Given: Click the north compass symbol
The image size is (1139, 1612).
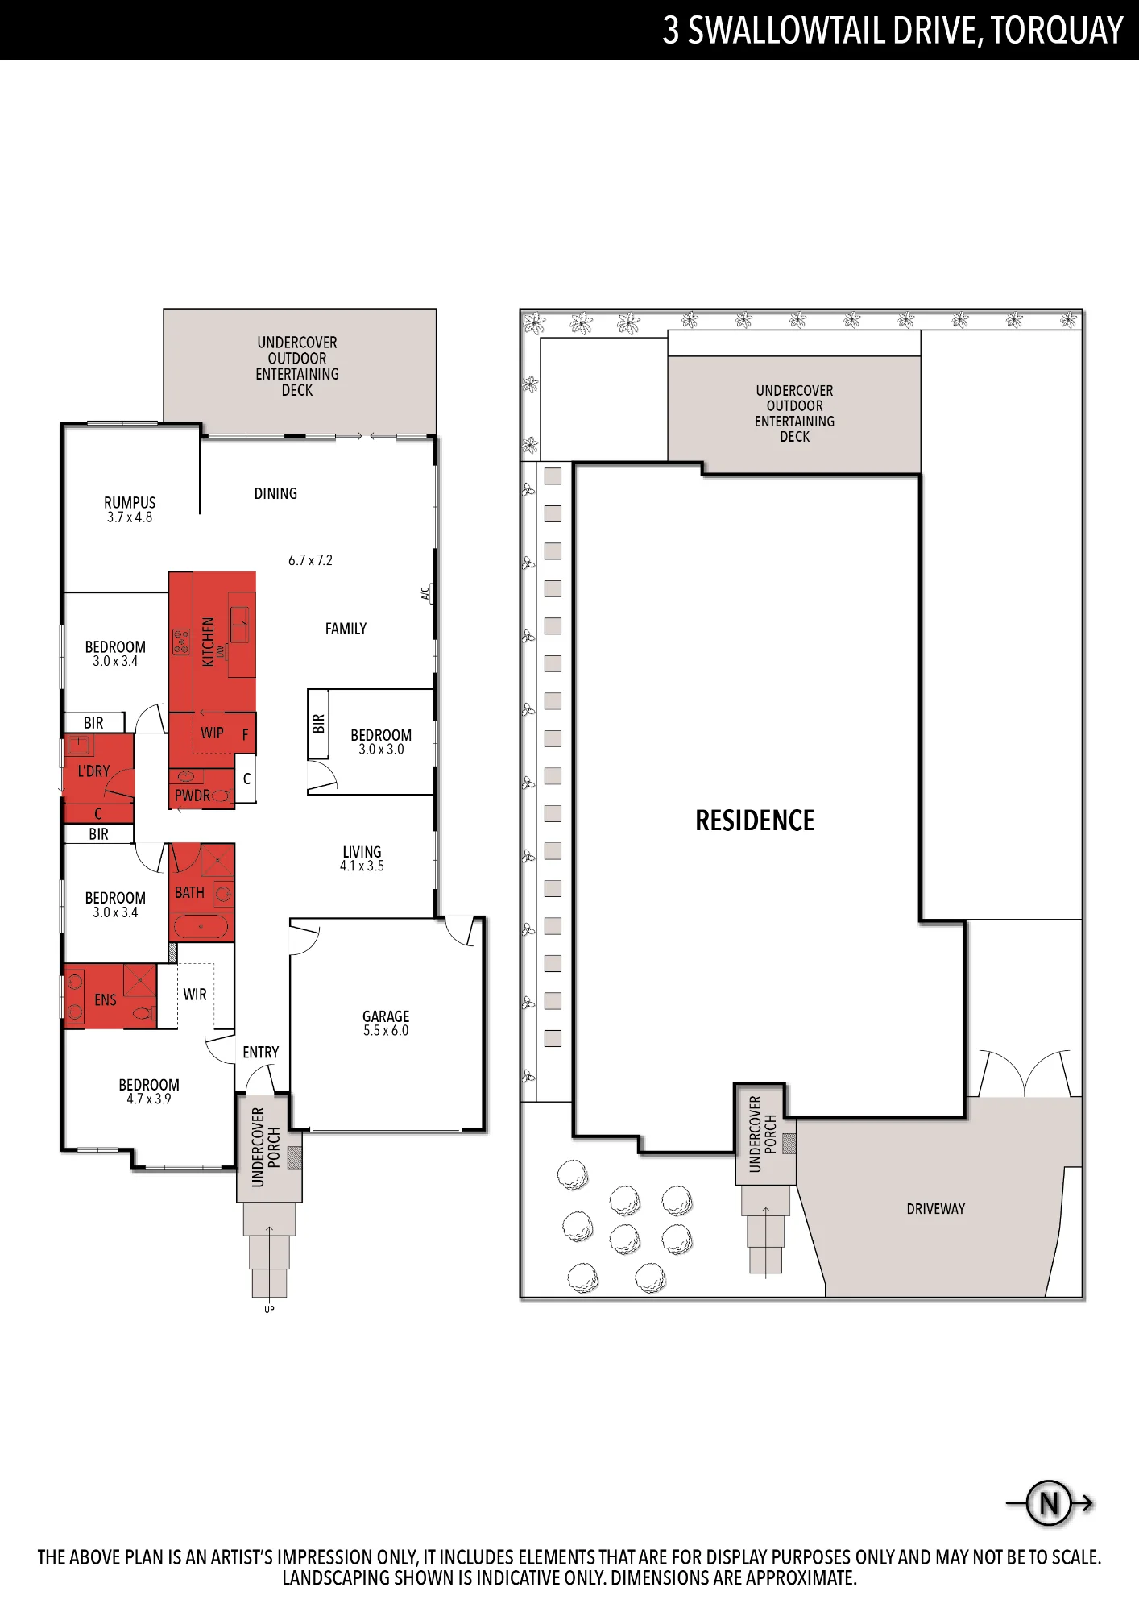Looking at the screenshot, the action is [x=1049, y=1503].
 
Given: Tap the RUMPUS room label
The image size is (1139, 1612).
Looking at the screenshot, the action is [x=130, y=503].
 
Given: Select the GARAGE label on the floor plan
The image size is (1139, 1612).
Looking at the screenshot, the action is [x=386, y=1016].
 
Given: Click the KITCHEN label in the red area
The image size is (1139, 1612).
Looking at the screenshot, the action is [x=209, y=642].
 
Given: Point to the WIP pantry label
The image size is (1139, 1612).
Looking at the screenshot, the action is [x=213, y=733].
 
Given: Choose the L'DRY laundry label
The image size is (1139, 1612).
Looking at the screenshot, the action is [x=93, y=771].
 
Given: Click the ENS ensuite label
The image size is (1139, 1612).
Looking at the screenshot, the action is [x=106, y=1000].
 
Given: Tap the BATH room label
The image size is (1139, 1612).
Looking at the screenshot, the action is [x=189, y=892].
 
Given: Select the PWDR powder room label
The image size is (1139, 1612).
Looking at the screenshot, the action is [x=193, y=796].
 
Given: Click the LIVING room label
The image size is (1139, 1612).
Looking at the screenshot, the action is [x=362, y=852].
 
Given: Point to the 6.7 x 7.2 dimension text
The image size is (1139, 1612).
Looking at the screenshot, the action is [x=310, y=560].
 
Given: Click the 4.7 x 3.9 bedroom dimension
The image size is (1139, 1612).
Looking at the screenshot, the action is [x=149, y=1099].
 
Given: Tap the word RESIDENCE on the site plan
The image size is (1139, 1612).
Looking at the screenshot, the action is [x=755, y=821].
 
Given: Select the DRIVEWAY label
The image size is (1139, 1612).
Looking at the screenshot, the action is [x=935, y=1209].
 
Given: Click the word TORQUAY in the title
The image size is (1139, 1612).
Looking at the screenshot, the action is [x=1056, y=31].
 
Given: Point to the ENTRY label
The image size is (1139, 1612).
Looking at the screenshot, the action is [x=261, y=1053].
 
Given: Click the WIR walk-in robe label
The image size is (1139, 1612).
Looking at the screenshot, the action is [x=195, y=995].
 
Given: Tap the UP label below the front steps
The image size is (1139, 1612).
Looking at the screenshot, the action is [x=269, y=1309].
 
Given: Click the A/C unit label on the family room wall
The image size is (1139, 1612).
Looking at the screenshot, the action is [x=425, y=593].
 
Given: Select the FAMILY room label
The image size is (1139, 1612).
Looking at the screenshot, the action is [x=346, y=629].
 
